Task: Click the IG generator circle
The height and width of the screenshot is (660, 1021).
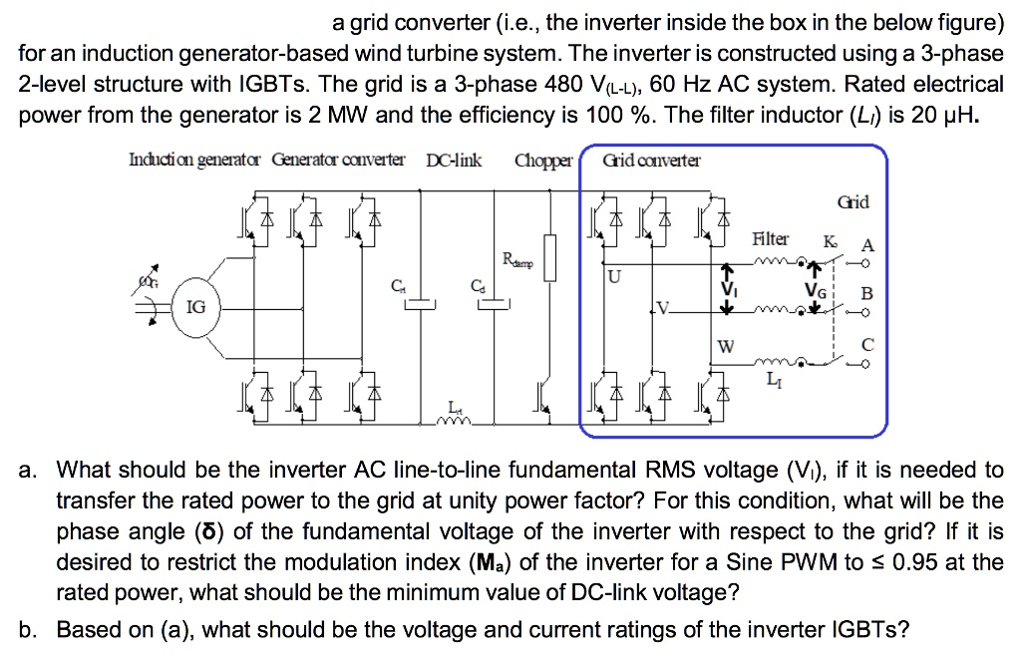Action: coord(196,307)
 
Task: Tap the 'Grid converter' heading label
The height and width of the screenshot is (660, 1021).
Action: coord(652,160)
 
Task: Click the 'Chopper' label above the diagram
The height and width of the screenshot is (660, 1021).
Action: coord(544,160)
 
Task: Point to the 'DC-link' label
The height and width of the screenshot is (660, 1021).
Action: coord(454,160)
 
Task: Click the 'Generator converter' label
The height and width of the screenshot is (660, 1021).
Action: coord(338,160)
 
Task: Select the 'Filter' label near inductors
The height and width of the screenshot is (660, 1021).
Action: coord(771,239)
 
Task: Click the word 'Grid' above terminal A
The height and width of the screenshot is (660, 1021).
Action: coord(854,202)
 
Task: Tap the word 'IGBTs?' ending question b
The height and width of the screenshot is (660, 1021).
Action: coord(869,629)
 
